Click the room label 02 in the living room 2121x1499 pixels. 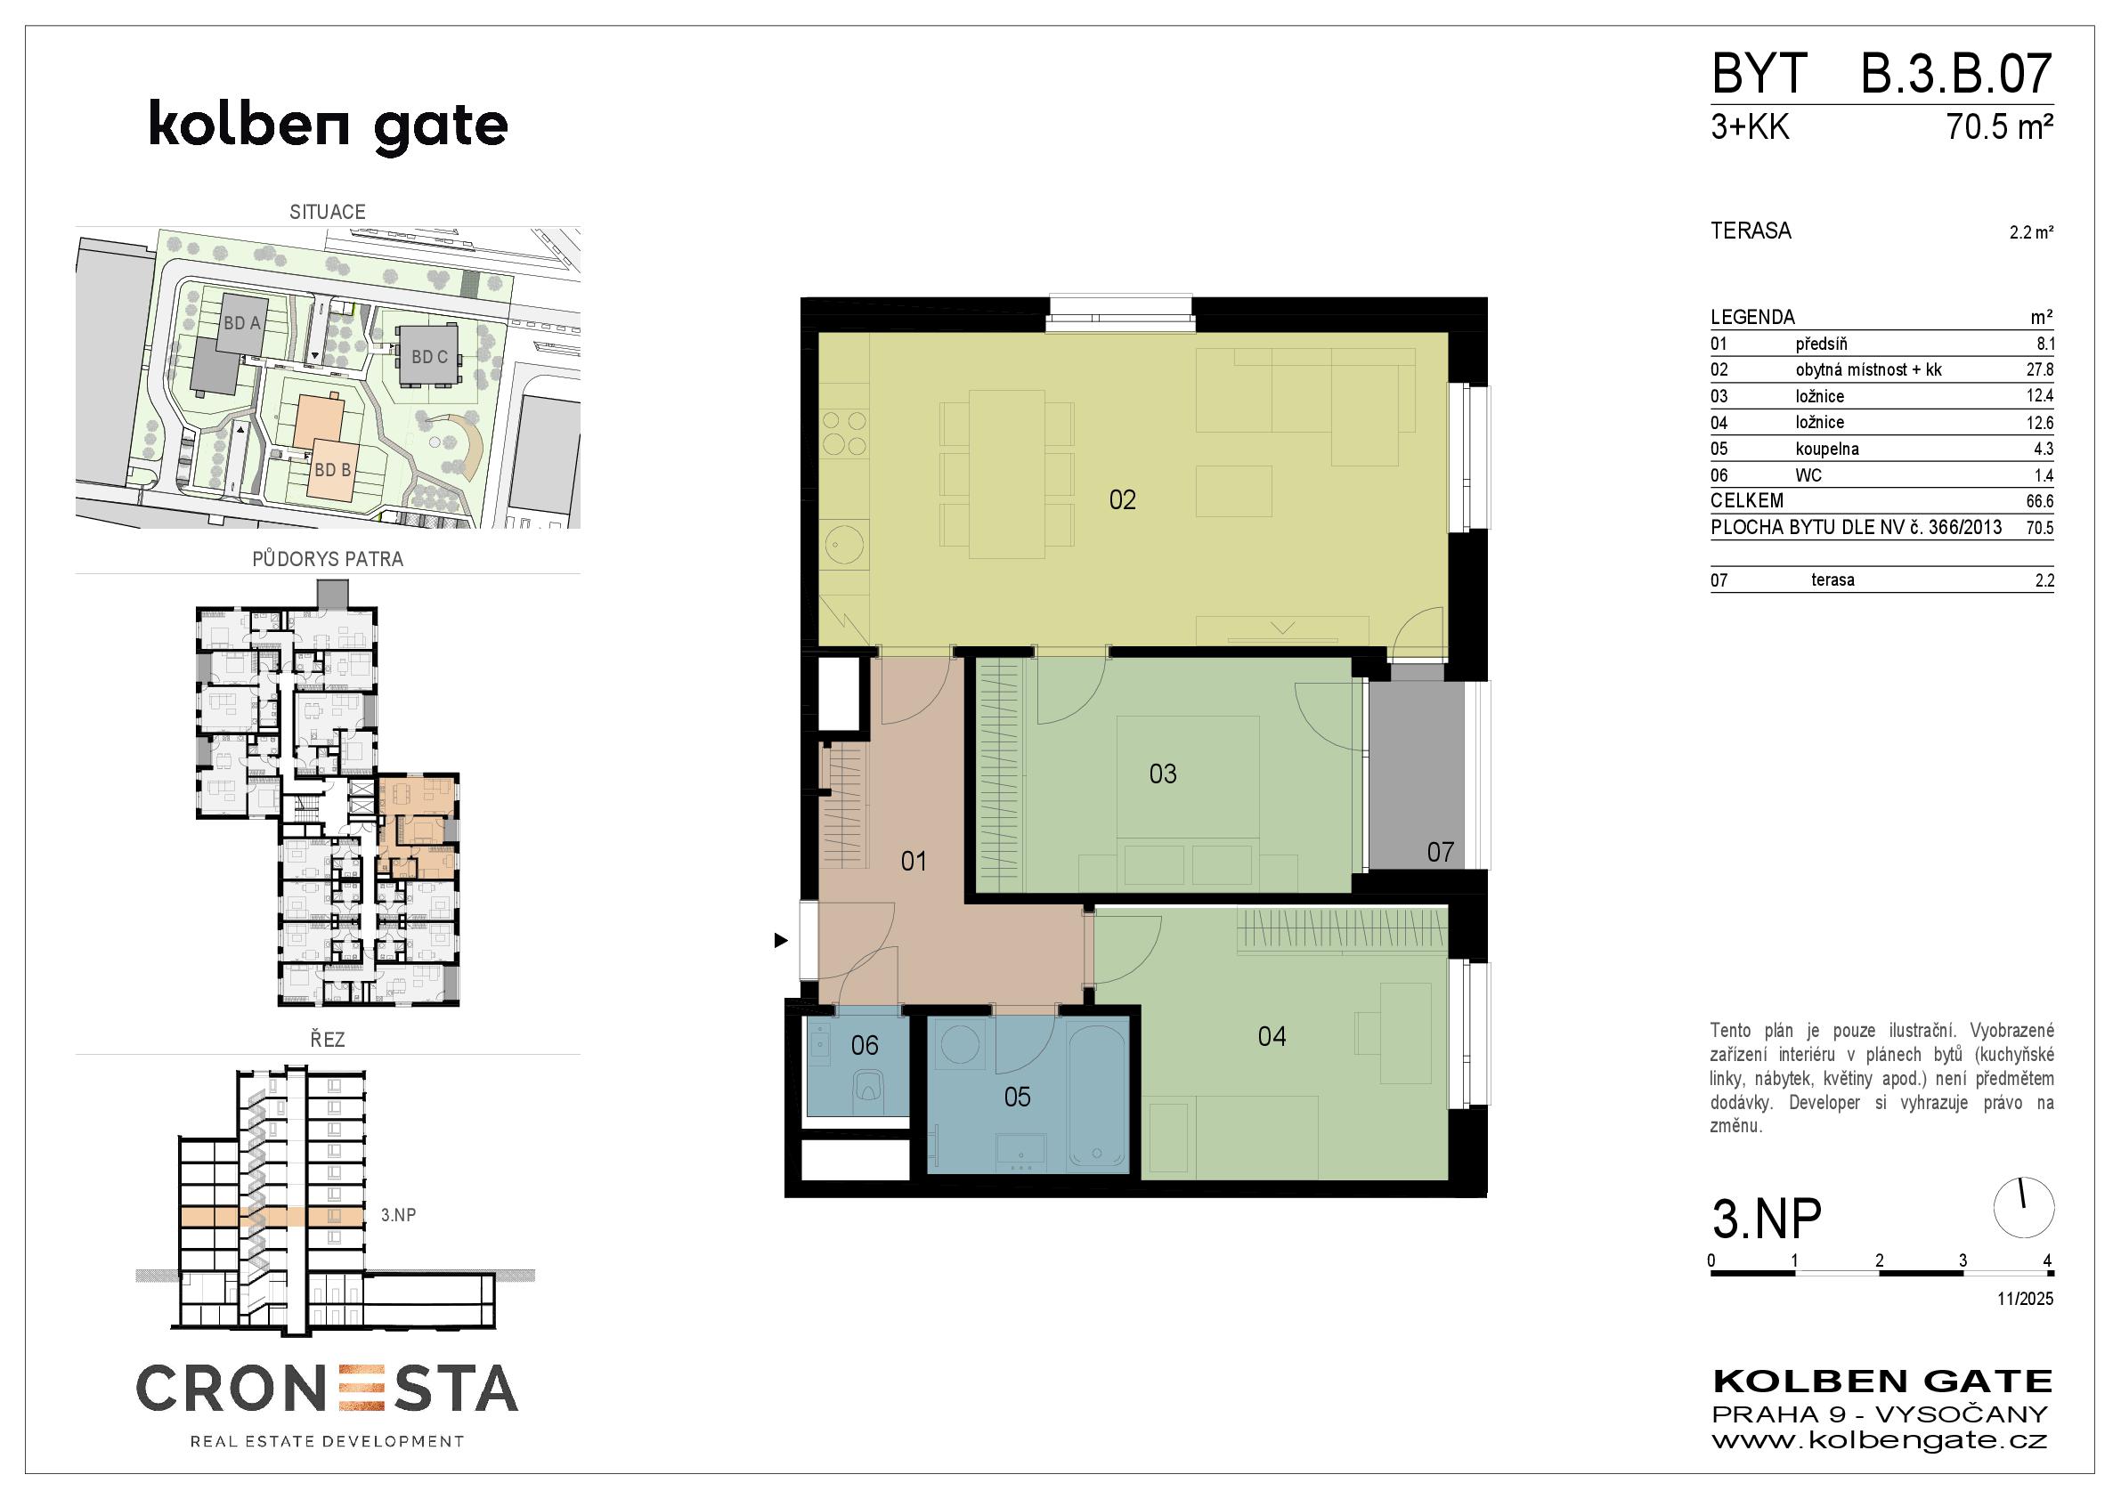pos(1123,500)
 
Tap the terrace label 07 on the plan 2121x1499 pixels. pos(1440,852)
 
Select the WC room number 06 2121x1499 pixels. pos(865,1046)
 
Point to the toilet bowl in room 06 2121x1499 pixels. pos(867,1087)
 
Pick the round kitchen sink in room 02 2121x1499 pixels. pos(845,544)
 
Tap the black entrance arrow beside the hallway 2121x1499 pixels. pos(781,940)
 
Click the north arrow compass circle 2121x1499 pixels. pos(2024,1208)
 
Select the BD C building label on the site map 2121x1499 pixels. pos(429,357)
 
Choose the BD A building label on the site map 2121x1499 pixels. pos(242,323)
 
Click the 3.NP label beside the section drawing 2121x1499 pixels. pos(398,1215)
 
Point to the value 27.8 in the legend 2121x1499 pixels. pos(2040,369)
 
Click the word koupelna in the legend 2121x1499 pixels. pos(1827,449)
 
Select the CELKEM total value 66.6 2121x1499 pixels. pos(2040,501)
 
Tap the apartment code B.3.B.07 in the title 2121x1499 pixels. pos(1956,74)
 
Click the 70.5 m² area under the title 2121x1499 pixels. pos(2000,126)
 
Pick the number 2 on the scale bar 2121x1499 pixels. pos(1879,1260)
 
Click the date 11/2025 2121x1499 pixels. pos(2025,1299)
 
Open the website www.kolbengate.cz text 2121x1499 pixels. pos(1880,1440)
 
